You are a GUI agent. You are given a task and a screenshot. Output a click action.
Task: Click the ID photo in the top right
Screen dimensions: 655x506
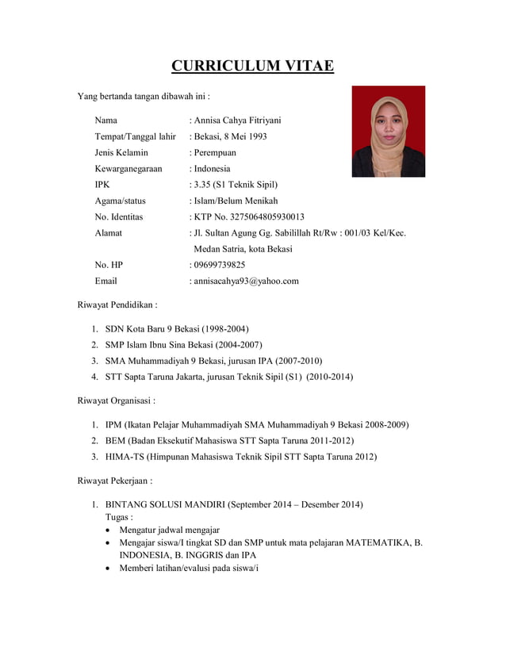pos(388,132)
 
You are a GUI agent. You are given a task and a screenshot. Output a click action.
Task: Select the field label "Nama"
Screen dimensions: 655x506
pos(106,121)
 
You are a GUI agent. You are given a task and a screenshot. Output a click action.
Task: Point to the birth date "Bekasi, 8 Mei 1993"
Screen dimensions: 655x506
pos(230,136)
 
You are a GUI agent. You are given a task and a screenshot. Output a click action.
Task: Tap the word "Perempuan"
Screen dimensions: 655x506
pos(215,152)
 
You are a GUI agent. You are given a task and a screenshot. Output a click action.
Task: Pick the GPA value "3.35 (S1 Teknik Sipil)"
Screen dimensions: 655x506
pos(235,185)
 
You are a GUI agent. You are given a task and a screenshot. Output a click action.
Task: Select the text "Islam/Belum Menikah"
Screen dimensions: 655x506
pos(236,201)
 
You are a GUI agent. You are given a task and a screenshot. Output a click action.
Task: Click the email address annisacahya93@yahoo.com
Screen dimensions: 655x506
pos(246,281)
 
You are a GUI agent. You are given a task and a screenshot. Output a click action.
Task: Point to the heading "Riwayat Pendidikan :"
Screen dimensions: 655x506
pos(117,304)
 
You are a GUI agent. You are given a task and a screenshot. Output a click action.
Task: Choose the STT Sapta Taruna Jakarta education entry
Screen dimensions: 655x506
pos(229,377)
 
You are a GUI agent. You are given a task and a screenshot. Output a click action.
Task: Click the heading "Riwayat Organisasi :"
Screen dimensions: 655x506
pos(116,400)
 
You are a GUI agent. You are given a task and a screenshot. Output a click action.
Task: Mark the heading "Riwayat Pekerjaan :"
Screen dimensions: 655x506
pos(114,481)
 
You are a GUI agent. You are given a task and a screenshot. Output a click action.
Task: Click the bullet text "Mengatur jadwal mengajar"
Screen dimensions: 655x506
pos(169,529)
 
